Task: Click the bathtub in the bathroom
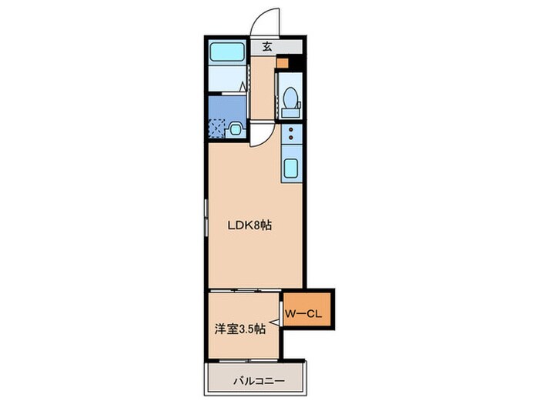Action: point(229,54)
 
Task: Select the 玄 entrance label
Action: point(267,47)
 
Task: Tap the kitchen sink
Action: point(292,169)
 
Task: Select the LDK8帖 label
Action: point(249,226)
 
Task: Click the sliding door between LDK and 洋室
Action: point(243,290)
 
